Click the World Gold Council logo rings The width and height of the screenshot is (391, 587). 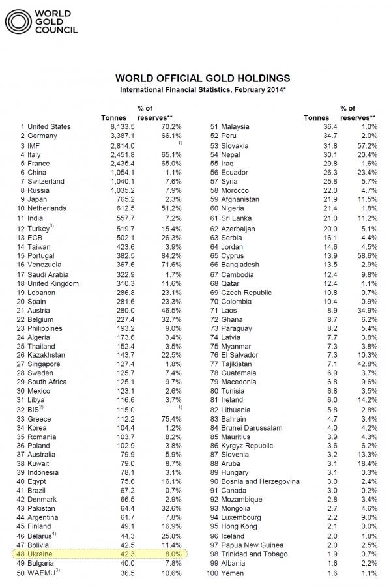point(18,21)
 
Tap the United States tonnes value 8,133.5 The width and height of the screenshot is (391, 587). point(122,127)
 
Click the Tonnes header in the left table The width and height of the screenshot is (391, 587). point(113,118)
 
